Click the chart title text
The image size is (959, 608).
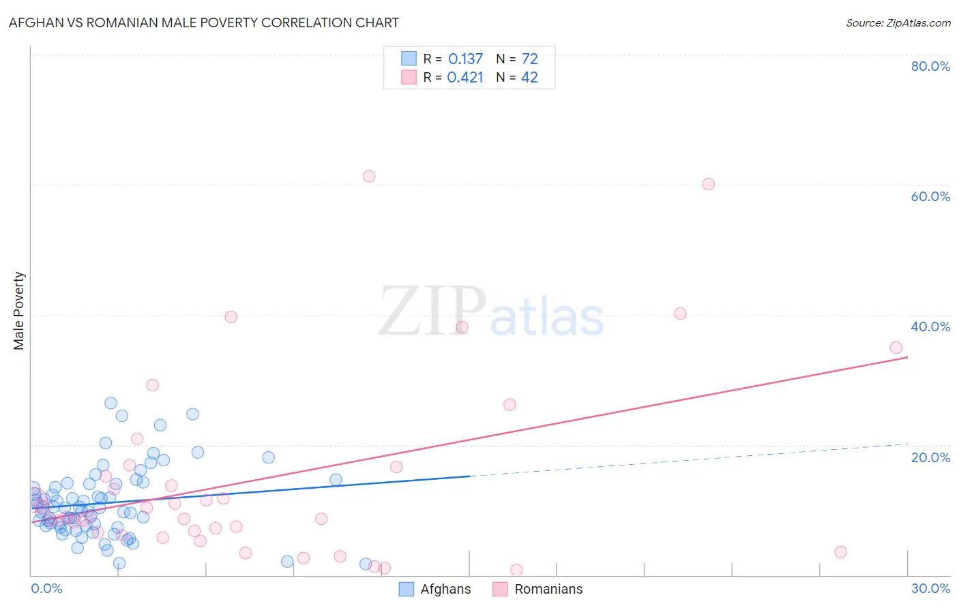click(x=203, y=22)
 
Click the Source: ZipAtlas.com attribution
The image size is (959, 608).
click(x=898, y=22)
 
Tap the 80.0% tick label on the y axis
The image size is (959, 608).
click(x=930, y=66)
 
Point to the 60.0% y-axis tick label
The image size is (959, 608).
click(x=930, y=196)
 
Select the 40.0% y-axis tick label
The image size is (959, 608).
click(x=930, y=326)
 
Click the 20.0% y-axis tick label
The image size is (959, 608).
click(x=930, y=457)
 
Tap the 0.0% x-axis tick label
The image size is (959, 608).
click(x=46, y=588)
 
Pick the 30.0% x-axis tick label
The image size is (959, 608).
click(x=930, y=588)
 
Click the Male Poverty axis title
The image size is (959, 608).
click(x=19, y=311)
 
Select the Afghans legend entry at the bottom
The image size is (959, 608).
click(x=445, y=589)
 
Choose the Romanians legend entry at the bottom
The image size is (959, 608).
click(x=548, y=589)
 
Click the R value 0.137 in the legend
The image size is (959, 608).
click(x=465, y=59)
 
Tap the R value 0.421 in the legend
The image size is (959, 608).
click(x=465, y=78)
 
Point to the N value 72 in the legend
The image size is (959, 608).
click(x=529, y=59)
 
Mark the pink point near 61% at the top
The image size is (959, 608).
click(x=369, y=177)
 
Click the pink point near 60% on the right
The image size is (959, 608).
click(x=708, y=184)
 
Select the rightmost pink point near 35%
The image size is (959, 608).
click(x=896, y=348)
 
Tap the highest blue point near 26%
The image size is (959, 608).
click(x=110, y=403)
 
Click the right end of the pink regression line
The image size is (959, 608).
click(x=907, y=357)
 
